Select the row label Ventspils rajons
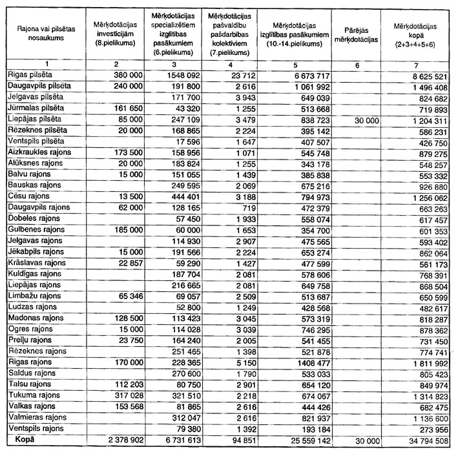click(x=34, y=429)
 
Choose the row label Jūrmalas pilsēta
click(x=34, y=108)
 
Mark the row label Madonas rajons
click(x=31, y=318)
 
